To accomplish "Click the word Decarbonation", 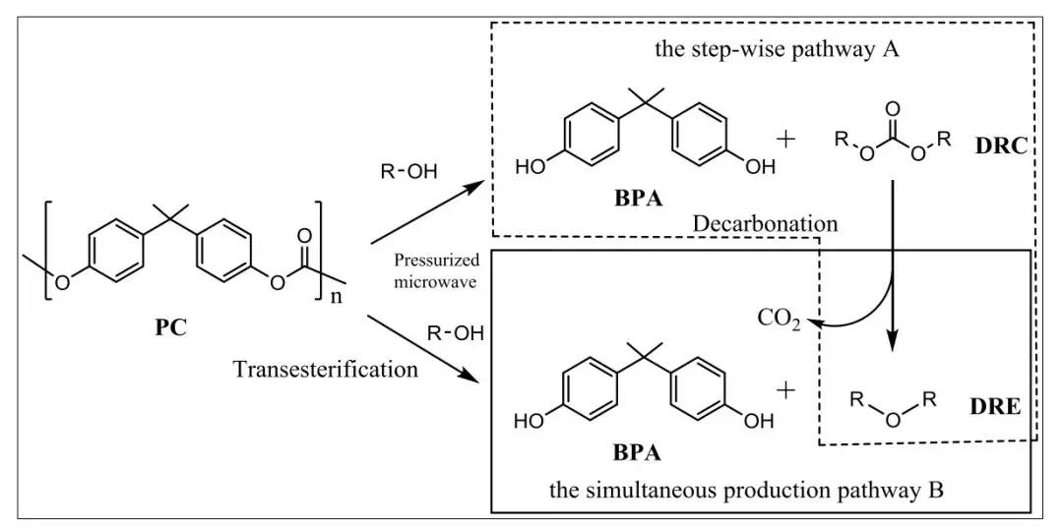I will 766,224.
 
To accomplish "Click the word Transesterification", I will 326,370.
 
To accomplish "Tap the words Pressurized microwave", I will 436,270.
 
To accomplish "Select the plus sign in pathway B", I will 785,391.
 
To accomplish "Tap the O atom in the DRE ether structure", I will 892,422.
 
